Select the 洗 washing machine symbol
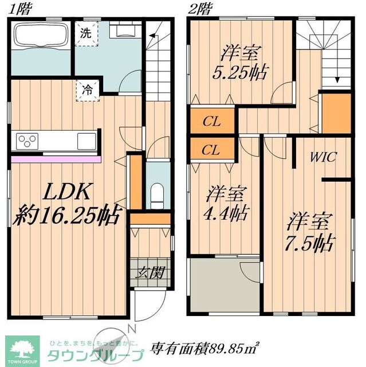[86, 33]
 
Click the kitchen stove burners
[27, 139]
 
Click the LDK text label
[66, 192]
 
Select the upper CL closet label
[211, 122]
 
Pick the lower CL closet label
[211, 151]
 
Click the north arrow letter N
[131, 329]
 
